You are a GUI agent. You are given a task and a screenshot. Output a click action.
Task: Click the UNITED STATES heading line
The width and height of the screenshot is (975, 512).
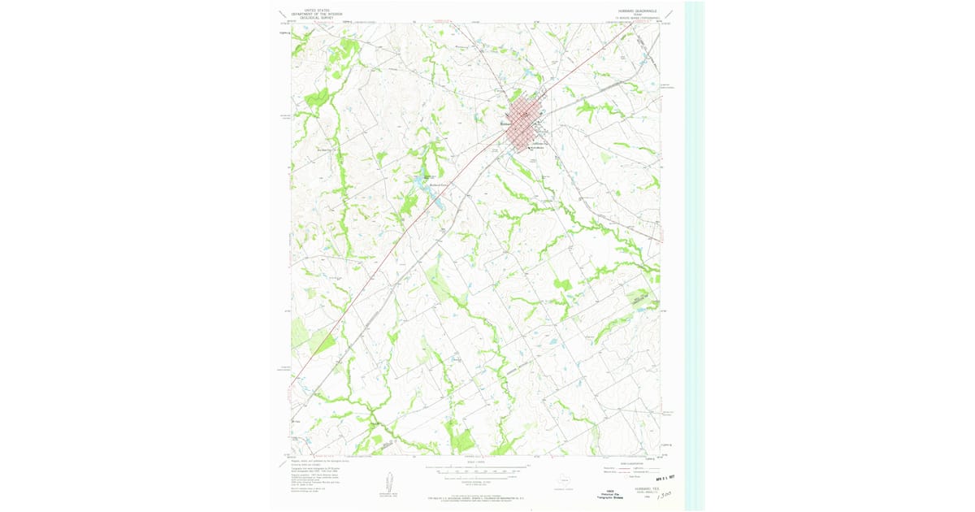click(308, 10)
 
